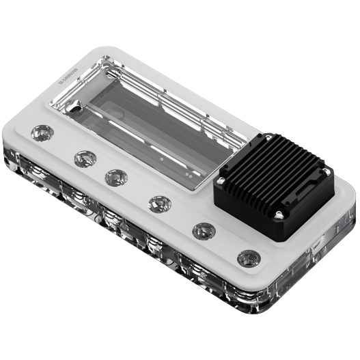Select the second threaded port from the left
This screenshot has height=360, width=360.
(83, 158)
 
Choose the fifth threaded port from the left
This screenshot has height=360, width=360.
(203, 229)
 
